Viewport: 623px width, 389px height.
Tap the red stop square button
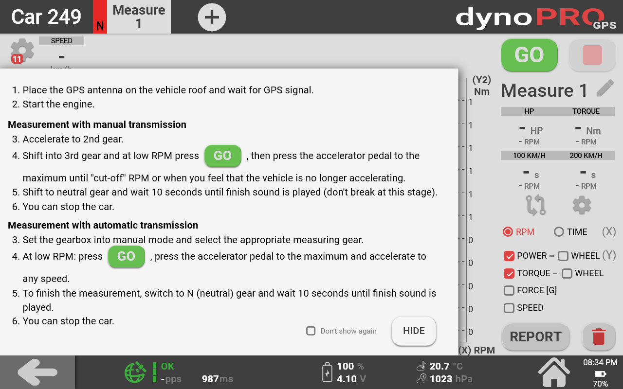(x=592, y=55)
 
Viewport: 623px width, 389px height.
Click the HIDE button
(x=414, y=331)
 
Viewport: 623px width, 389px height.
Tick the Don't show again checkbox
(x=311, y=331)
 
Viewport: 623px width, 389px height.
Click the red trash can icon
(x=599, y=336)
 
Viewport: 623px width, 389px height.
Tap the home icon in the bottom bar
(x=554, y=372)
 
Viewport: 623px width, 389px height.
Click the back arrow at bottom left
(x=37, y=372)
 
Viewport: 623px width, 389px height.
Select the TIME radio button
(x=559, y=232)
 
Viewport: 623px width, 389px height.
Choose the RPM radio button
(x=508, y=232)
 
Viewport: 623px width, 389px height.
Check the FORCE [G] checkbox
(x=509, y=290)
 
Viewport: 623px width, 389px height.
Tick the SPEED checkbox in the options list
(x=509, y=308)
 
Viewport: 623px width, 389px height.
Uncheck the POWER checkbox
(x=509, y=256)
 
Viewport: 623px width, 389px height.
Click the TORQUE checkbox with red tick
(x=509, y=273)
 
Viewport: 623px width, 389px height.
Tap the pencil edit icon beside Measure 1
(x=605, y=88)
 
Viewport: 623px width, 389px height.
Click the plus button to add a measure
(x=212, y=17)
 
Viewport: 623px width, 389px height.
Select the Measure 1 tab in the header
(x=139, y=17)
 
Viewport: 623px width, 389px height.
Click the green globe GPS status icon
(x=135, y=372)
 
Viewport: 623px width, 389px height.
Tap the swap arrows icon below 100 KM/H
(x=536, y=205)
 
